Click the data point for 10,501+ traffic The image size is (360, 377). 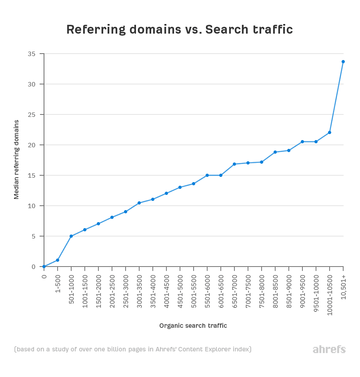point(343,62)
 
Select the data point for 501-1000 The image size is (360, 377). point(71,236)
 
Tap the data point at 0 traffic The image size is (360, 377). point(44,267)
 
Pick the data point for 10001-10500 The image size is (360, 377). point(330,132)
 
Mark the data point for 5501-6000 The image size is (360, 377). point(207,175)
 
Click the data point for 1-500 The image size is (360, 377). point(58,260)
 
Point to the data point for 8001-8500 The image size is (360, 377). point(275,152)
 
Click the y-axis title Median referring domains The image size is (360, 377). point(17,159)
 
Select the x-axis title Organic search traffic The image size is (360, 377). point(193,326)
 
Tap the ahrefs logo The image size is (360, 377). point(329,349)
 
